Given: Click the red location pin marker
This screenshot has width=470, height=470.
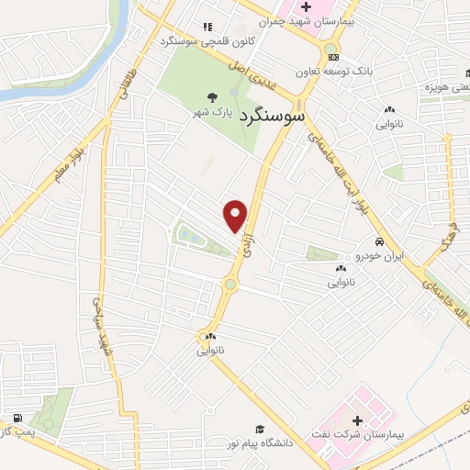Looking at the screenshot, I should point(236,215).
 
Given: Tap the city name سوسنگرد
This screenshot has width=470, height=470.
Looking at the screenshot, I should point(275,118).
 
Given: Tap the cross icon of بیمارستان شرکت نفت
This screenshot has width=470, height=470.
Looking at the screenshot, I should point(357,420).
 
